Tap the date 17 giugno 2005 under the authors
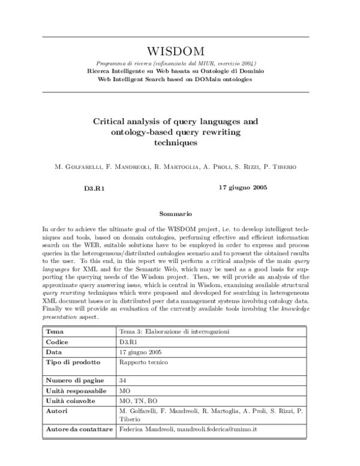[243, 187]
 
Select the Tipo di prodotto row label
[73, 362]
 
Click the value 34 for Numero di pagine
[123, 380]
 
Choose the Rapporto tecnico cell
[143, 362]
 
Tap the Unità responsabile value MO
[125, 390]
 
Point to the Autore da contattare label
[79, 430]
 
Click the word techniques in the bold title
[175, 144]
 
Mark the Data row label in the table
[55, 352]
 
